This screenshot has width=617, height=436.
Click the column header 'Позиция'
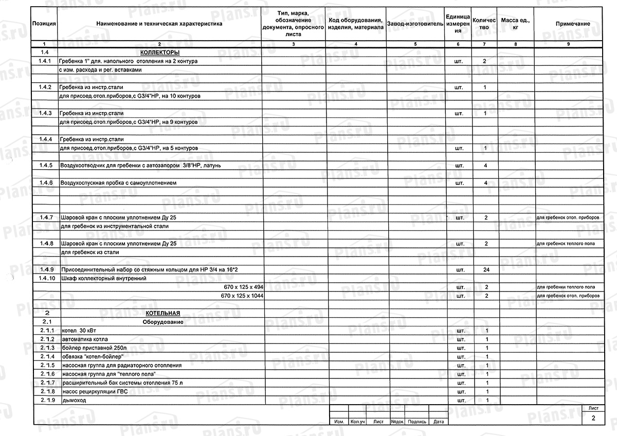pyautogui.click(x=44, y=24)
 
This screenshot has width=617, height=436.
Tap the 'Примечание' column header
pyautogui.click(x=572, y=24)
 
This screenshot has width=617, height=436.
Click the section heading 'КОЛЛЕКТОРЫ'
pyautogui.click(x=159, y=53)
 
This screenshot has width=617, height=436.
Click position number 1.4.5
pyautogui.click(x=45, y=166)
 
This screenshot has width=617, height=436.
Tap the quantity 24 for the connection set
pyautogui.click(x=485, y=269)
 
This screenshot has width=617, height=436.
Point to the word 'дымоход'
pyautogui.click(x=74, y=400)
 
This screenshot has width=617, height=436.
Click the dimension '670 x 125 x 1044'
pyautogui.click(x=242, y=296)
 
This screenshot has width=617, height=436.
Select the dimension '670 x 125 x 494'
pyautogui.click(x=244, y=286)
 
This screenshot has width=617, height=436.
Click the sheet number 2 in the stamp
pyautogui.click(x=594, y=419)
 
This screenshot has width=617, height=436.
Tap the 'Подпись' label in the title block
pyautogui.click(x=417, y=422)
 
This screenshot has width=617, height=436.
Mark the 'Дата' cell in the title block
pyautogui.click(x=438, y=422)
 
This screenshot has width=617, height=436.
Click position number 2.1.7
pyautogui.click(x=46, y=383)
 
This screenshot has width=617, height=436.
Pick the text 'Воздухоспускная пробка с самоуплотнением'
pyautogui.click(x=119, y=183)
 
